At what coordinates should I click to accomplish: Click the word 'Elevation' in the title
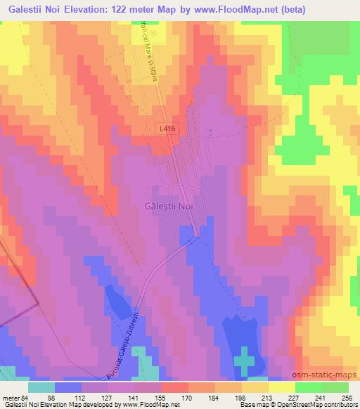pos(105,11)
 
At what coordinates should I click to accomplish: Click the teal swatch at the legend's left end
pos(41,387)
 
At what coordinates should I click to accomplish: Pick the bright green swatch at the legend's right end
pos(336,387)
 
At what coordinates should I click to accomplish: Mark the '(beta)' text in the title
pos(337,11)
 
